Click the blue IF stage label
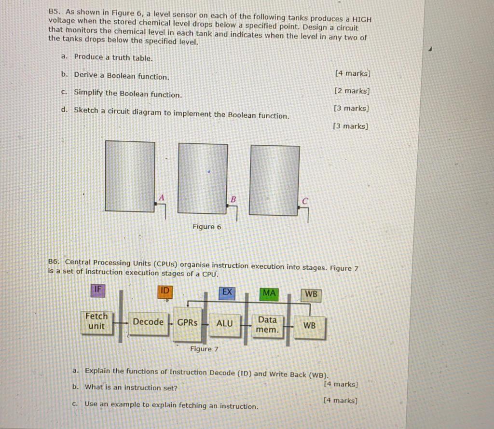(x=98, y=289)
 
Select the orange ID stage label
(x=165, y=291)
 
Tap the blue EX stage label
(x=227, y=292)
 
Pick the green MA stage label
(x=269, y=293)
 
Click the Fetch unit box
(x=96, y=321)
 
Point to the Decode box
(x=148, y=322)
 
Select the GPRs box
(x=187, y=322)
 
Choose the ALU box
(x=224, y=323)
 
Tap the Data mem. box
(x=267, y=325)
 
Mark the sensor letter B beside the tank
(x=233, y=198)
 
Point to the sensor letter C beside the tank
(x=305, y=200)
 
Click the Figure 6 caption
(x=207, y=227)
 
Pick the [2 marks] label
(x=352, y=91)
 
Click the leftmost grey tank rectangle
(x=130, y=176)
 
